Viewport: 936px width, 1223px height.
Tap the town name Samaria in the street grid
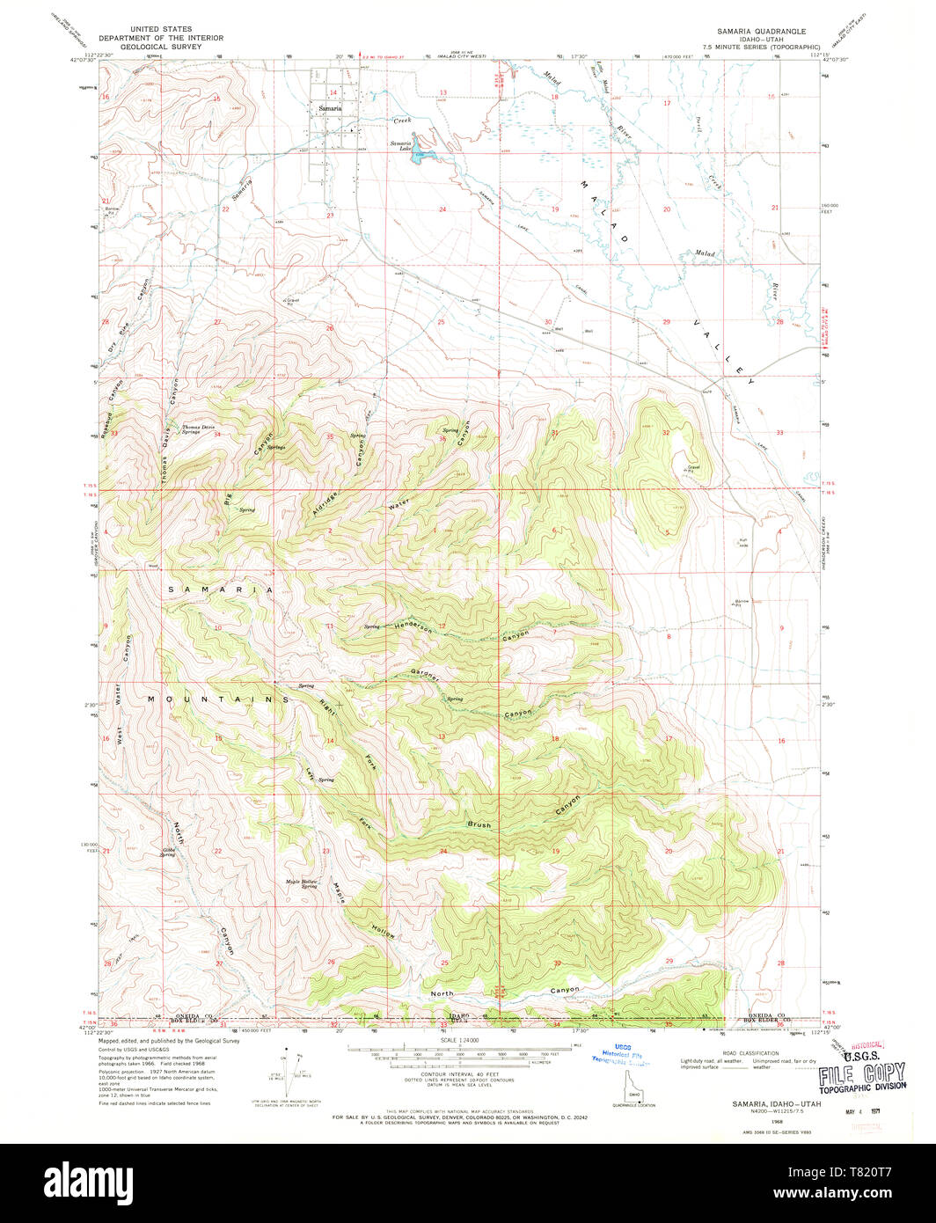[330, 108]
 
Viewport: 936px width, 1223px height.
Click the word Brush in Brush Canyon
[479, 825]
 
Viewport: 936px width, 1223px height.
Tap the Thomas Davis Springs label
[198, 429]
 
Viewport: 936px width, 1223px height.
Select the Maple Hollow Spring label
[300, 883]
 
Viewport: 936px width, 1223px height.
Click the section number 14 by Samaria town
[333, 92]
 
